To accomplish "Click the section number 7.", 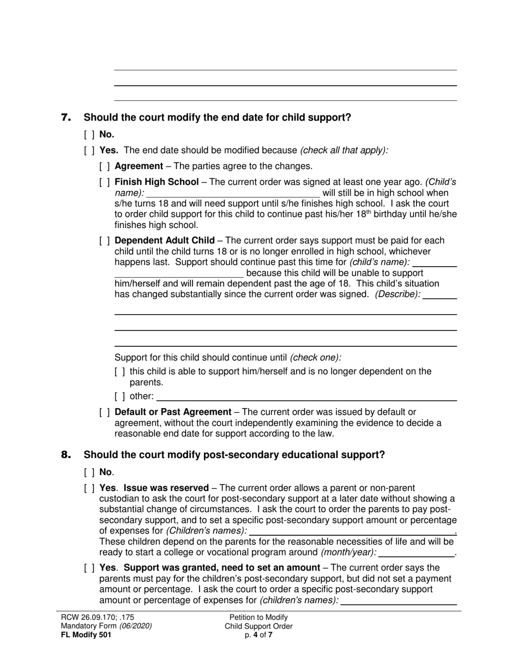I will tap(65, 117).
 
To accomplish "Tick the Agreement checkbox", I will tap(105, 166).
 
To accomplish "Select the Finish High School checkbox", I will tap(105, 182).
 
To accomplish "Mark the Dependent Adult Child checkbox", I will tap(105, 241).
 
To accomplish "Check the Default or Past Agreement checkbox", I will tap(105, 412).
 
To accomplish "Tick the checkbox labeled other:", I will tap(120, 397).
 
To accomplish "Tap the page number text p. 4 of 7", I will tap(258, 635).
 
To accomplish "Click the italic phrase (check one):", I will tap(316, 358).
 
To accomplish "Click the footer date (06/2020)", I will tap(136, 626).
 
